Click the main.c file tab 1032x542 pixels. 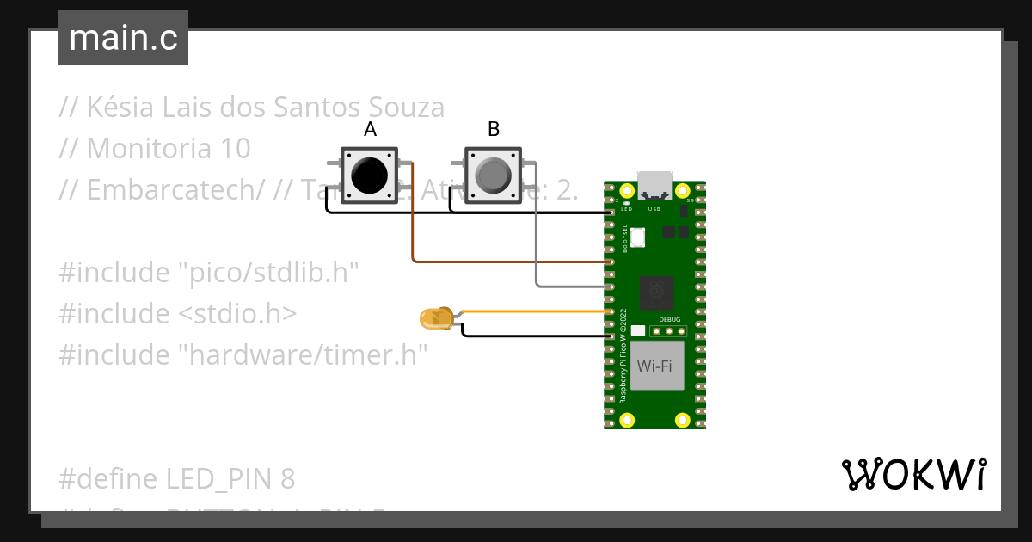coord(123,38)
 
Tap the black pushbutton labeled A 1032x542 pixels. coord(370,176)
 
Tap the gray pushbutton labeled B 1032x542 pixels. coord(493,176)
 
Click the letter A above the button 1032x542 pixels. coord(370,130)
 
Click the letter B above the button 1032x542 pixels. coord(494,130)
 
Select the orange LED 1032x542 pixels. coord(436,318)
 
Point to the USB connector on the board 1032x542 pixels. coord(654,185)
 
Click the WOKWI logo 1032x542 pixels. coord(912,475)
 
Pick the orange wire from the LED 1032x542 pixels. coord(533,311)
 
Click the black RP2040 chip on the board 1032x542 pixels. coord(658,293)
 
